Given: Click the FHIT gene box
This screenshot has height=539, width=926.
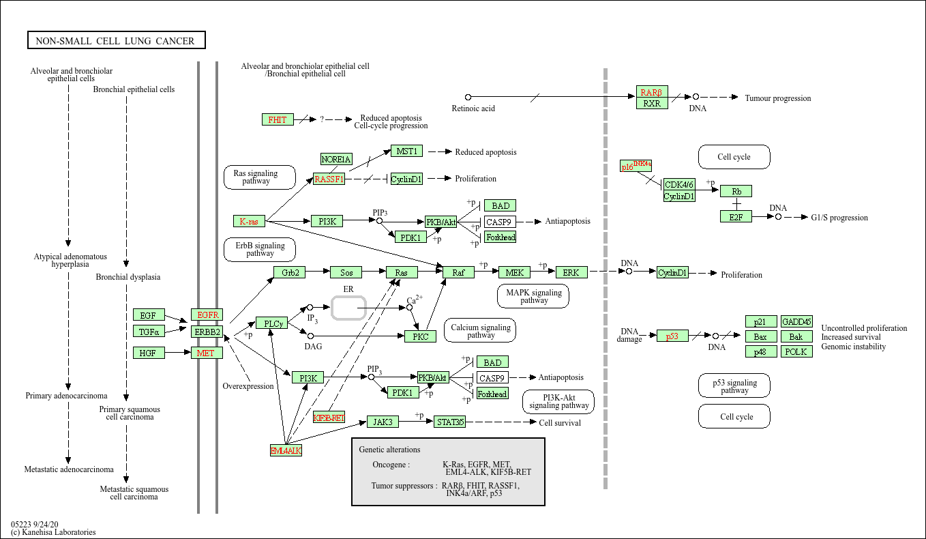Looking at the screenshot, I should click(x=278, y=119).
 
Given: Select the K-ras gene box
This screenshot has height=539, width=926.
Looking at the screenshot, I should click(x=249, y=221).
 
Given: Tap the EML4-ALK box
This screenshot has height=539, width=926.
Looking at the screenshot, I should click(x=286, y=451).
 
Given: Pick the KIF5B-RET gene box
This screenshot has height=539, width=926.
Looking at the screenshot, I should click(x=329, y=418).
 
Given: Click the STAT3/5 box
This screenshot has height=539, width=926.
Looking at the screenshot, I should click(x=449, y=422).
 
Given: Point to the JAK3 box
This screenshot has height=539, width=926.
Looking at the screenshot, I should click(x=383, y=422).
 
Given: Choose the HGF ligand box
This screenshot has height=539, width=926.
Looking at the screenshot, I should click(x=148, y=353).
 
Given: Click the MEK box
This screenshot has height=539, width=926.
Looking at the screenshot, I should click(x=514, y=272).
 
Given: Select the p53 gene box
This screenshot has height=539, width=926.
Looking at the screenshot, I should click(x=672, y=336).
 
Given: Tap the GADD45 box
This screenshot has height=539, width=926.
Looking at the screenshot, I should click(x=796, y=321).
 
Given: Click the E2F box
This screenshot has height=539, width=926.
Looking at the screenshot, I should click(x=736, y=216).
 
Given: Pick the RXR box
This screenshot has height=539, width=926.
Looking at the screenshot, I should click(x=652, y=103).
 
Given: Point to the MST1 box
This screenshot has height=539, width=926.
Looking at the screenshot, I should click(x=407, y=151).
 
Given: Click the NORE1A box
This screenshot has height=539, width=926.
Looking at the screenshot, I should click(x=336, y=159).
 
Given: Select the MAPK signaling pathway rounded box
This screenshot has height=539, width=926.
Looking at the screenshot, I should click(x=534, y=296).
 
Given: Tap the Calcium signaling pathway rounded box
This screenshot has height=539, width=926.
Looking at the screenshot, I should click(x=481, y=331).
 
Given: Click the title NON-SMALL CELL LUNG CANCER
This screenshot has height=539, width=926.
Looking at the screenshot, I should click(x=115, y=41).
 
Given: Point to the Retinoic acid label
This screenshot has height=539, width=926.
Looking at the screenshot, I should click(x=473, y=108).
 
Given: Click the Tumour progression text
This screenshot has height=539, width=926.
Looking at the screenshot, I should click(x=778, y=98).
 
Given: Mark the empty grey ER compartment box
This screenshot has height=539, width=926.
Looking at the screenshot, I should click(x=348, y=308).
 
